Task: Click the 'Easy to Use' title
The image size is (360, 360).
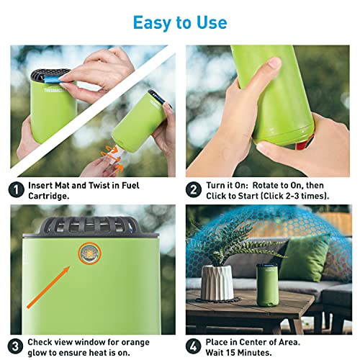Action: coord(180,22)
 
